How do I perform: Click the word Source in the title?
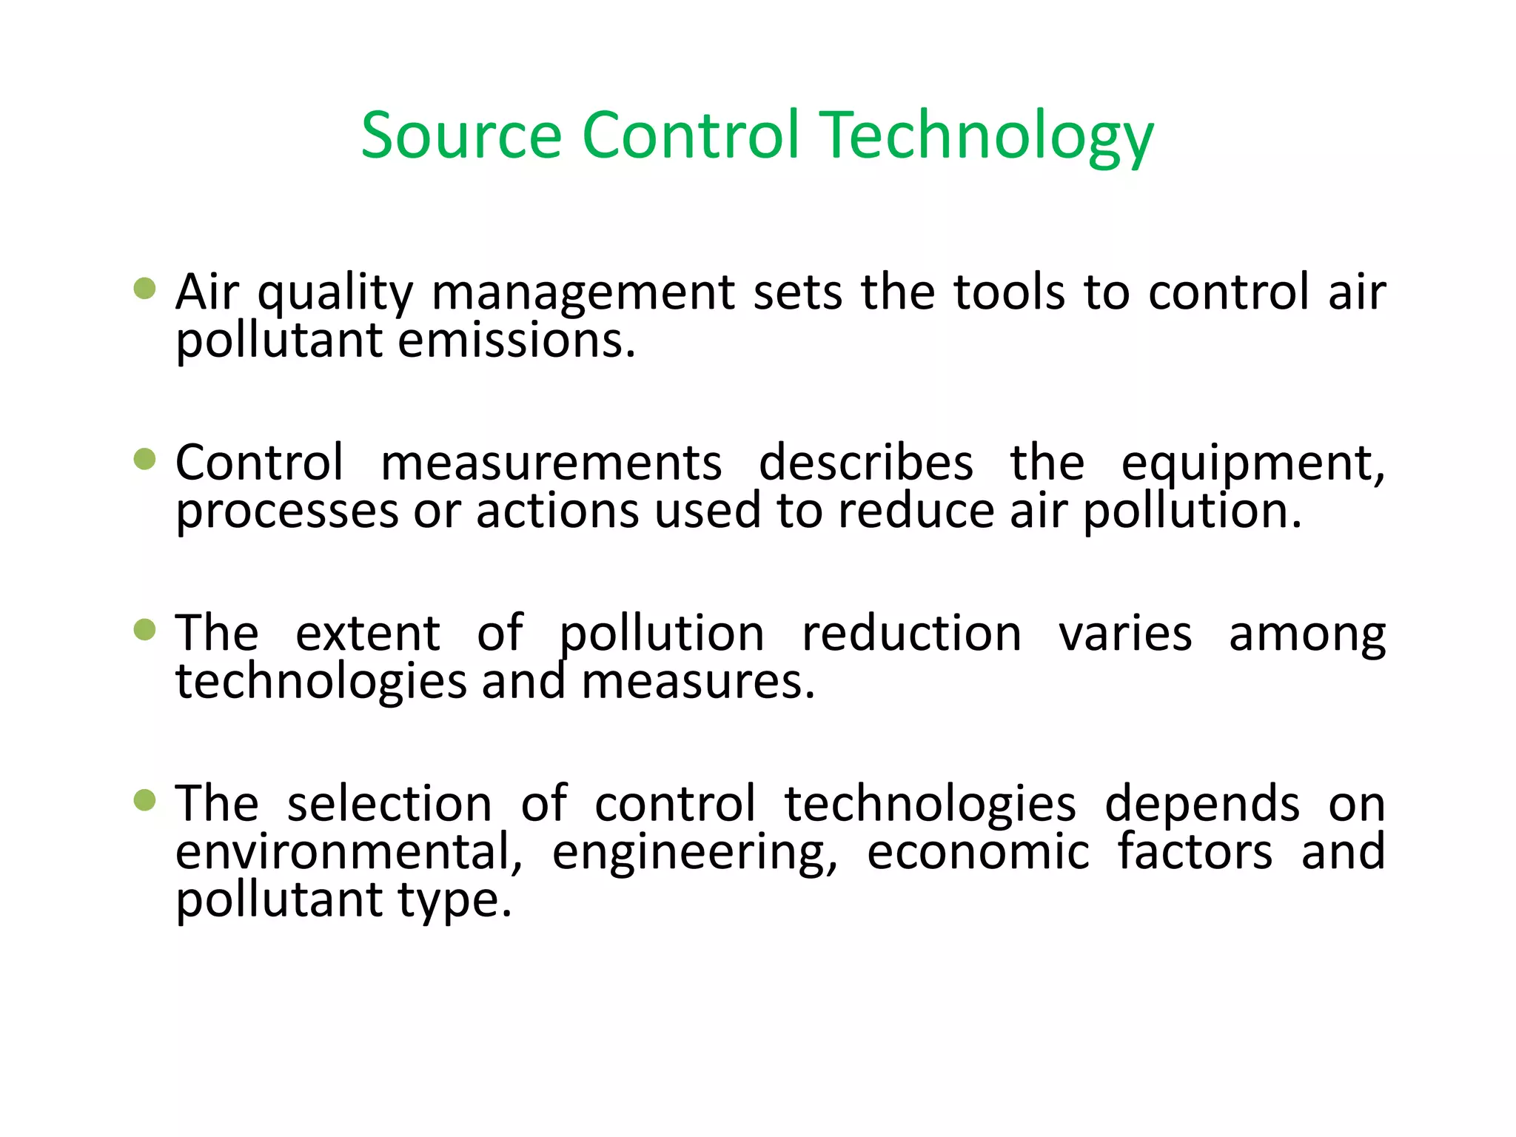(461, 135)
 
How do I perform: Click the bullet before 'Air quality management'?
(145, 289)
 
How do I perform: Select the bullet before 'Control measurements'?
(145, 459)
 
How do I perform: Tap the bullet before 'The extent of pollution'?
(145, 630)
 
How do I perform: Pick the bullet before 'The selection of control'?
(145, 800)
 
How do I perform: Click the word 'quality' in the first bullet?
(335, 293)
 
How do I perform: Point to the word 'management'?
(583, 293)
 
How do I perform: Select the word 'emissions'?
(516, 341)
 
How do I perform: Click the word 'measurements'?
(551, 463)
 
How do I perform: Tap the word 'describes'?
(866, 463)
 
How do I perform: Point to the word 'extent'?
(368, 634)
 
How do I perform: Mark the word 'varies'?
(1125, 634)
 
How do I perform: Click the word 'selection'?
(389, 804)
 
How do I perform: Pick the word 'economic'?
(978, 852)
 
